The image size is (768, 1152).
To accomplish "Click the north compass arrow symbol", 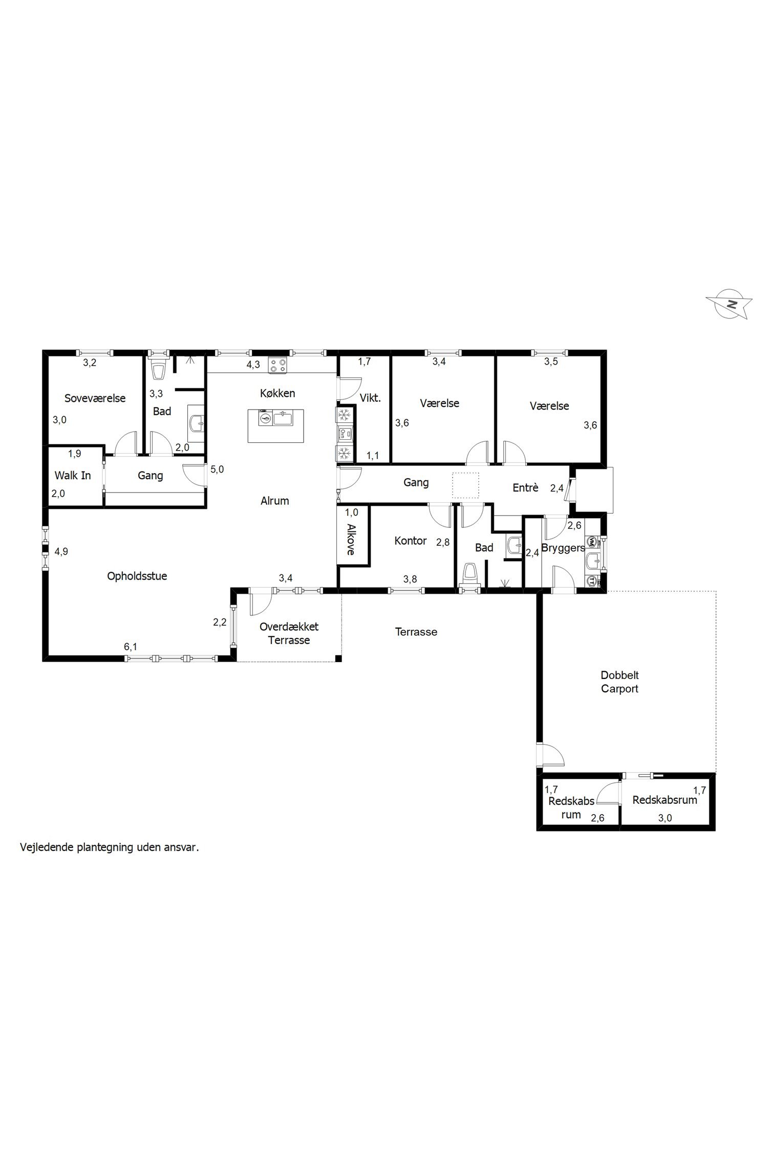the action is click(729, 304).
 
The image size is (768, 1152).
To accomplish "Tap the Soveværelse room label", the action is click(95, 398).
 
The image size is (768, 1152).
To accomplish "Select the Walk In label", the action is click(73, 475).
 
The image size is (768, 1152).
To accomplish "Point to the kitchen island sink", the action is click(283, 419).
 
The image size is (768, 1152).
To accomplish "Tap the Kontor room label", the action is click(411, 541).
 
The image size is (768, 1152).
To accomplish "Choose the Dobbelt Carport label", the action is click(620, 682).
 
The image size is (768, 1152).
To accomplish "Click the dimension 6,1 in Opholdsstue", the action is click(131, 647).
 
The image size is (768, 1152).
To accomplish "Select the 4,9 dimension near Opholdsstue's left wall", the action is click(61, 551).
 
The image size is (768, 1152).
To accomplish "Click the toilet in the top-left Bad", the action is click(158, 371).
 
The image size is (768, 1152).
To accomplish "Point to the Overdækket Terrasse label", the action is click(289, 633).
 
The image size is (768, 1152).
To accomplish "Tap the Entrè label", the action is click(525, 488).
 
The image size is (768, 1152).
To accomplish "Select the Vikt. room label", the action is click(370, 398).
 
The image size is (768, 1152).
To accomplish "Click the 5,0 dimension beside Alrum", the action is click(217, 469).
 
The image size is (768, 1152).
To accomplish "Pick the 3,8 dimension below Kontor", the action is click(410, 579).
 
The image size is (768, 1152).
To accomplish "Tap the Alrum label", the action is click(275, 501).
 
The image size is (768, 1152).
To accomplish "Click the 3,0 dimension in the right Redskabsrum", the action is click(665, 818).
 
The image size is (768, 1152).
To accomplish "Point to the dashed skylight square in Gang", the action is click(465, 485).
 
